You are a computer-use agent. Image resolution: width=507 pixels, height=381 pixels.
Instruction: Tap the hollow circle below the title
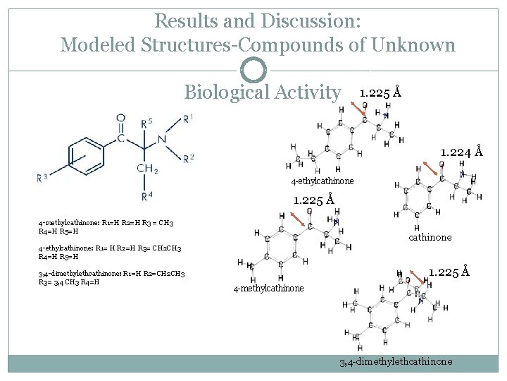point(254,71)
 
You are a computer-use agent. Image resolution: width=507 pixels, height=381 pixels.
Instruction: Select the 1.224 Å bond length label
point(461,151)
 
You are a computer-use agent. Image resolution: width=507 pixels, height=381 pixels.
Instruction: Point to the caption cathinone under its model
point(430,237)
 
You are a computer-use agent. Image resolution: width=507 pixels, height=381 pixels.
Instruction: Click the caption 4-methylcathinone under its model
point(269,289)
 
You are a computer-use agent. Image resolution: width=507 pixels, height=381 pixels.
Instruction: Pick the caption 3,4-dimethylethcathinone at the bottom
point(396,362)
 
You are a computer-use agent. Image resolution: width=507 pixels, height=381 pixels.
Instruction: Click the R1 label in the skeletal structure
point(187,118)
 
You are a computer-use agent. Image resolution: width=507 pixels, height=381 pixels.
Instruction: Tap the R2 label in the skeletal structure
point(188,158)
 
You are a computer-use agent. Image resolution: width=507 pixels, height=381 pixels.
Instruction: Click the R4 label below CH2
point(146,195)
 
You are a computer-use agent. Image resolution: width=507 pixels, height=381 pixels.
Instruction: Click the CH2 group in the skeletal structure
point(147,169)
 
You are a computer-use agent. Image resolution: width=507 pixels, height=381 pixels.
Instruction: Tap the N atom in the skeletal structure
point(162,138)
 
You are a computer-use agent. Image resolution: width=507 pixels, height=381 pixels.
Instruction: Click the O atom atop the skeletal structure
point(120,118)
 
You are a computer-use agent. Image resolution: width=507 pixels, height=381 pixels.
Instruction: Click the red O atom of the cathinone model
point(441,164)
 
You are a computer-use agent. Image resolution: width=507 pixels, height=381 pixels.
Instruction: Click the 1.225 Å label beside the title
point(380,92)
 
